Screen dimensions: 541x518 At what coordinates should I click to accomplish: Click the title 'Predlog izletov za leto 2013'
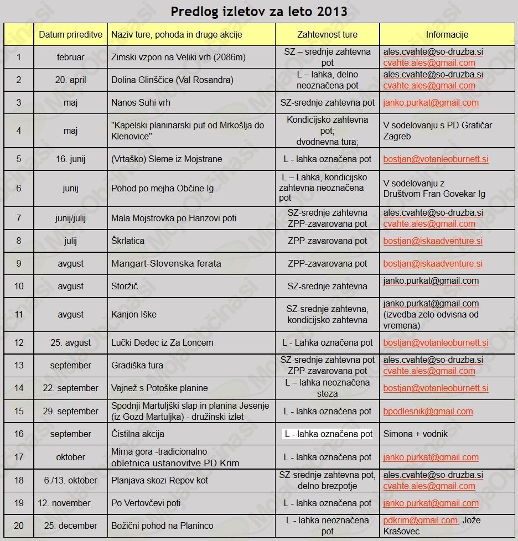click(259, 11)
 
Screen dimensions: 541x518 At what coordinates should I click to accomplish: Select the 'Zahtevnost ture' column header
click(327, 34)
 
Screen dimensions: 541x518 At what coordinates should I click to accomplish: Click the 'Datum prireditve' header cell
click(70, 34)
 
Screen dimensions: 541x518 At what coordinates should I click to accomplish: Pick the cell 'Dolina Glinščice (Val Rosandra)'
click(172, 80)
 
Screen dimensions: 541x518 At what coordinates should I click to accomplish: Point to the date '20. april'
click(70, 80)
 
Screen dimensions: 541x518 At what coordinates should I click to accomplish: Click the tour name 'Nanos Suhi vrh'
click(141, 102)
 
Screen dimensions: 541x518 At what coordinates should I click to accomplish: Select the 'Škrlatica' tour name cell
click(128, 241)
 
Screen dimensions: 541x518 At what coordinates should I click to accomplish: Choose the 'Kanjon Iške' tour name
click(133, 314)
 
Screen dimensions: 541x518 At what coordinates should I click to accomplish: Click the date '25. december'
click(70, 526)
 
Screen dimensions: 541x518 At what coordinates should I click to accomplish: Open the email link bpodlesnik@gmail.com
click(428, 411)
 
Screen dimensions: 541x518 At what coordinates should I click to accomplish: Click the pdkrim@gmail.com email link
click(420, 520)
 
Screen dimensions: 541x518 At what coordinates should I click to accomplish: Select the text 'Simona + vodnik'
click(416, 434)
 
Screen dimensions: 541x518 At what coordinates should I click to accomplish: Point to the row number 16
click(19, 434)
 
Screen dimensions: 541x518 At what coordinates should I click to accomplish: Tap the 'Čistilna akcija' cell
click(137, 434)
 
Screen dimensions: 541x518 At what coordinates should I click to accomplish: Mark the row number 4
click(19, 131)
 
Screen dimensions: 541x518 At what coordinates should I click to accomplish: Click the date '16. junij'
click(70, 159)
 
